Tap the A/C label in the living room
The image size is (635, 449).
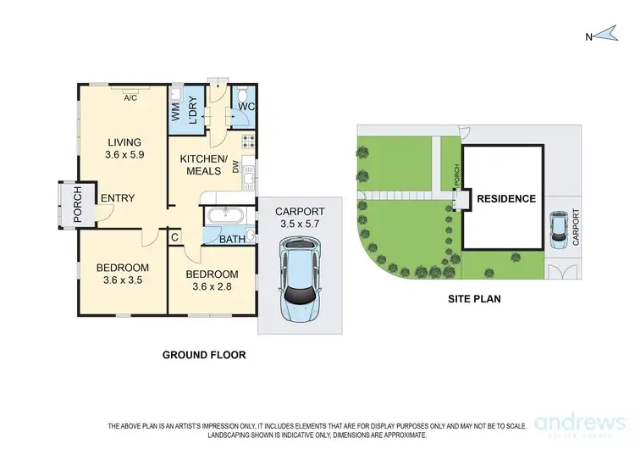[130, 97]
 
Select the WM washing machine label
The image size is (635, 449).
[177, 110]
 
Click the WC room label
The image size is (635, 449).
[246, 108]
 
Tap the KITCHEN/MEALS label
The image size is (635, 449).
[203, 166]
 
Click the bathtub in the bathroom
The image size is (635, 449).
[226, 215]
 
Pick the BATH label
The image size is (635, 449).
[233, 240]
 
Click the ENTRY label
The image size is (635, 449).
[118, 198]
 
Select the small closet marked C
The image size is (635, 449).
[174, 238]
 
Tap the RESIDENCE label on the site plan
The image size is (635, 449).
[505, 199]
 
